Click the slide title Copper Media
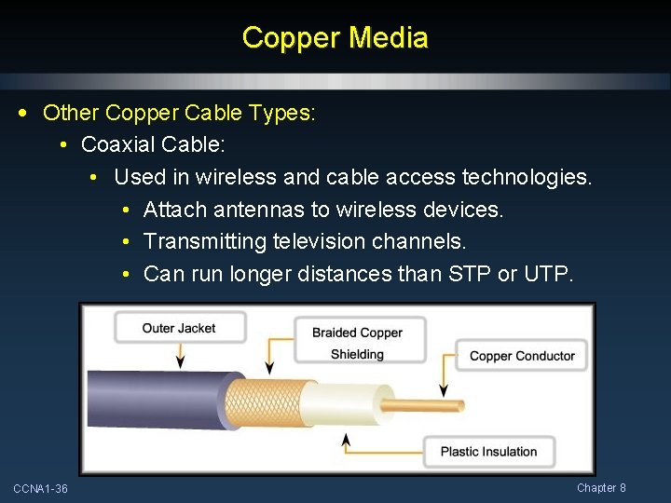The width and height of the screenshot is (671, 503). coord(335,38)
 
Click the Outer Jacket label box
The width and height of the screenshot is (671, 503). coord(179,328)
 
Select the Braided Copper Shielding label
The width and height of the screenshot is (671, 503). coord(359,343)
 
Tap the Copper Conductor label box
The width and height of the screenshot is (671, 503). coord(522,355)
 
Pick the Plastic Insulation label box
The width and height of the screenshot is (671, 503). coord(488,452)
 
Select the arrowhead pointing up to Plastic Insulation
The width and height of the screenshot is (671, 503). coord(347,438)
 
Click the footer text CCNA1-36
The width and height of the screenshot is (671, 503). coord(40,489)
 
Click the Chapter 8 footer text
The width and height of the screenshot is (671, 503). coord(601,488)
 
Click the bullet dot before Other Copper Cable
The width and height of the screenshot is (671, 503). coord(21,114)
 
